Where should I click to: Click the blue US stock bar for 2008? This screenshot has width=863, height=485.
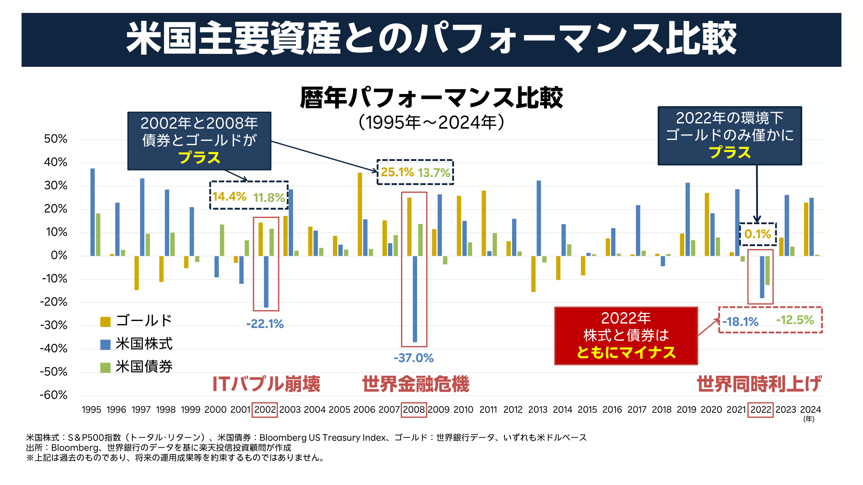[415, 299]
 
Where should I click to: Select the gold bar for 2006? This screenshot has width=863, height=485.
[360, 214]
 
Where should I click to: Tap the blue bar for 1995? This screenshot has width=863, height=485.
[93, 212]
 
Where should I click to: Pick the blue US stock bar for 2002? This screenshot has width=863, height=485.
[266, 281]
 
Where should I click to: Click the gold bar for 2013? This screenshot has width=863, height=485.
[533, 274]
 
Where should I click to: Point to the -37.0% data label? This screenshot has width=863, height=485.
[414, 358]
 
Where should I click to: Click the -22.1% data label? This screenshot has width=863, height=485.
[265, 324]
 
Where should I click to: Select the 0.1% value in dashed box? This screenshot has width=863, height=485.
[758, 234]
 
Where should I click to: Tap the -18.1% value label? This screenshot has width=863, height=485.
[740, 322]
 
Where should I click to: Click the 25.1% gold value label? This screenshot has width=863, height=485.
[397, 172]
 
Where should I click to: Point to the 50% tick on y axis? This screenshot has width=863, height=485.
[56, 139]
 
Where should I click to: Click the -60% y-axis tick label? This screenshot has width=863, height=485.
[54, 395]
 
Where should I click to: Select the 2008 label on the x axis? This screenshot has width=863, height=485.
[414, 410]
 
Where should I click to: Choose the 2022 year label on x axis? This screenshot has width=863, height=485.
[761, 410]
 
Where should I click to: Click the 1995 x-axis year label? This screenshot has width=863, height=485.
[92, 410]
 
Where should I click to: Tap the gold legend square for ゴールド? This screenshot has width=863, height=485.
[105, 322]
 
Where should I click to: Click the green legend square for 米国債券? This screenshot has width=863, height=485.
[105, 368]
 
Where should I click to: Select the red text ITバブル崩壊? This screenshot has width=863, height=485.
[266, 384]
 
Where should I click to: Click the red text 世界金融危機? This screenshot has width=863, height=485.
[416, 384]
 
